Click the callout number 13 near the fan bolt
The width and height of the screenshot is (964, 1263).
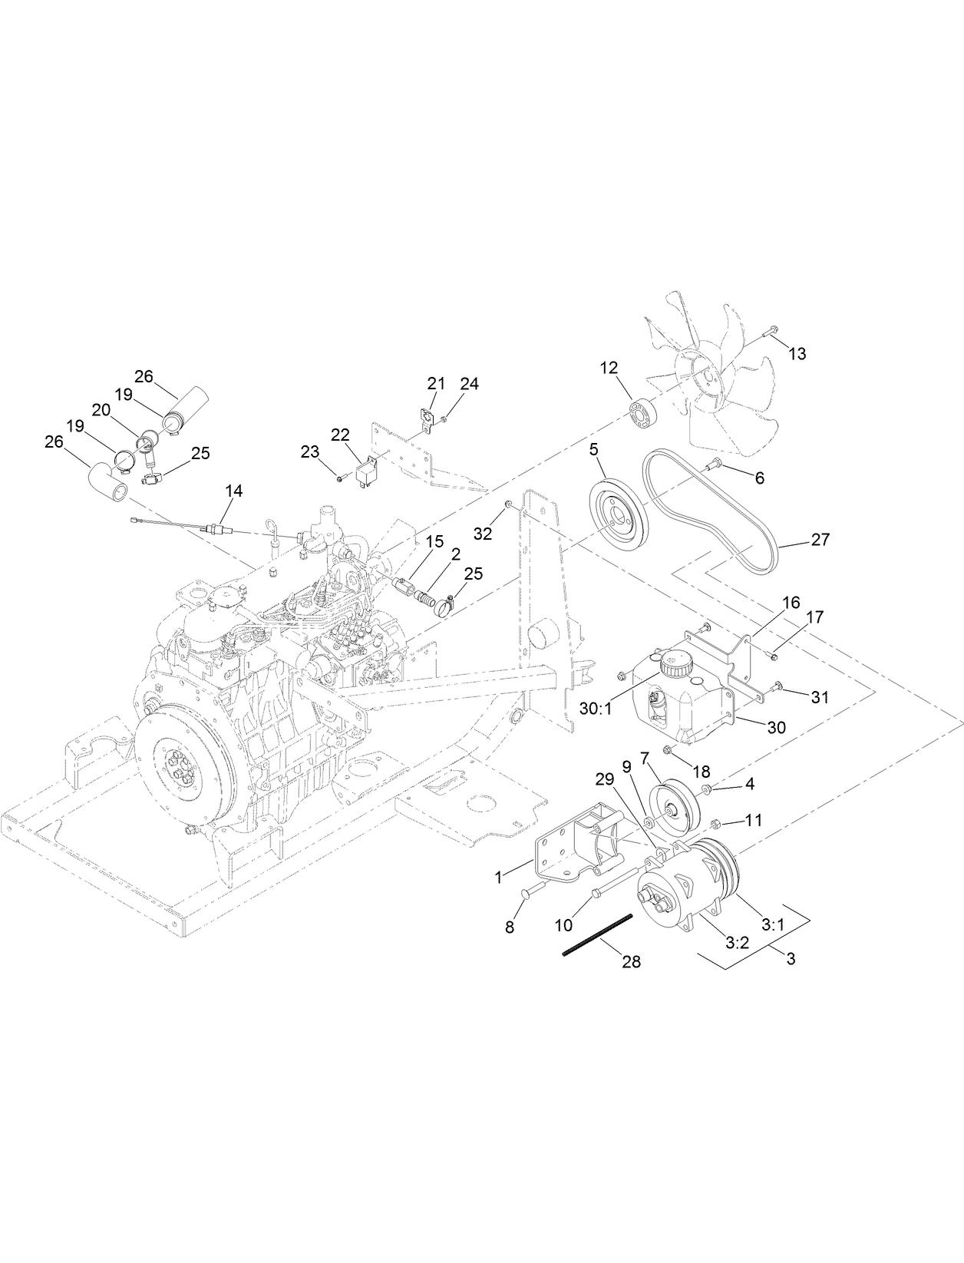coord(797,354)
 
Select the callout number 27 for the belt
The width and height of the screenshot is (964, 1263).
coord(820,540)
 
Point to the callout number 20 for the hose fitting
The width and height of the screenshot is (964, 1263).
coord(101,411)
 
